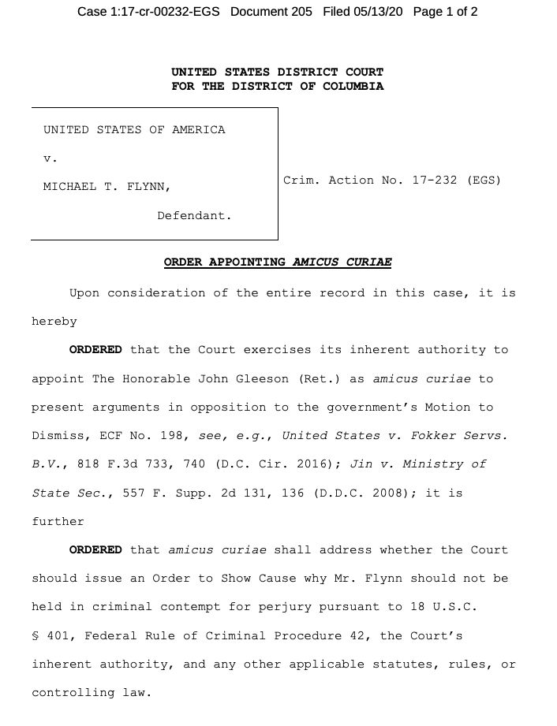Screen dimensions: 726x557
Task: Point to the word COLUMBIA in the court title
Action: point(353,86)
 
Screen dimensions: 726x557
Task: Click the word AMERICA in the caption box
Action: point(198,129)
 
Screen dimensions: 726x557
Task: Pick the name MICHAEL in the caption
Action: point(69,187)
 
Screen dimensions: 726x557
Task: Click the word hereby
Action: point(54,322)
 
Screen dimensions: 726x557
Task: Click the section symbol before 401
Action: point(36,635)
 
